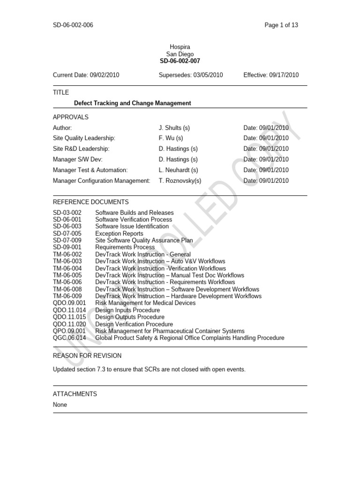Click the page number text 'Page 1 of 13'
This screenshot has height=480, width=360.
(x=281, y=25)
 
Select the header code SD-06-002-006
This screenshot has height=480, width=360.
(x=73, y=25)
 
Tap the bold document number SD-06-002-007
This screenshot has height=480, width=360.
(x=180, y=61)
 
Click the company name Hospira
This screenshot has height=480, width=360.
(x=180, y=47)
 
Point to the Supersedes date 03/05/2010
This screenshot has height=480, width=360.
(x=191, y=75)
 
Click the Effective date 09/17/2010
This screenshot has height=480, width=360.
(x=271, y=75)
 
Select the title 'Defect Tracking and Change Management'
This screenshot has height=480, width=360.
(x=133, y=103)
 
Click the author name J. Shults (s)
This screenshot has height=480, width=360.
(x=174, y=127)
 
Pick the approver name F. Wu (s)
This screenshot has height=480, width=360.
(x=171, y=138)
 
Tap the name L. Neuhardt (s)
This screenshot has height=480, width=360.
(x=179, y=170)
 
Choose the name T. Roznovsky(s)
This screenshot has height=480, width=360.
(x=180, y=181)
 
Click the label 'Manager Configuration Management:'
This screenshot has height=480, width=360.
(x=102, y=181)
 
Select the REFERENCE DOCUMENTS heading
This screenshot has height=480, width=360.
(x=90, y=202)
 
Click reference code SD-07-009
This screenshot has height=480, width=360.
(x=67, y=240)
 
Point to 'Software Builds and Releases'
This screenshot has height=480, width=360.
(x=135, y=213)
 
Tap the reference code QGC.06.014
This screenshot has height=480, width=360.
(x=69, y=338)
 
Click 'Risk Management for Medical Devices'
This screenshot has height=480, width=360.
(x=145, y=303)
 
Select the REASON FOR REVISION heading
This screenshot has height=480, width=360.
(x=87, y=356)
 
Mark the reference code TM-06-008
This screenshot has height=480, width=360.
(x=67, y=289)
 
